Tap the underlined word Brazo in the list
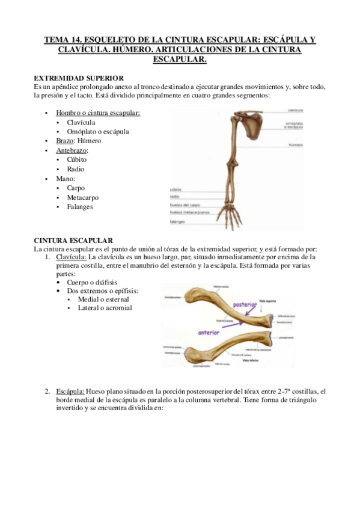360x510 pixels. point(66,141)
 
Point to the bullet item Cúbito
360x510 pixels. point(77,160)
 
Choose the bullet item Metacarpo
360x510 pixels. point(83,197)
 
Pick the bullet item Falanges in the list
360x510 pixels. point(81,207)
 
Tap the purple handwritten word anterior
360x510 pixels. point(209,332)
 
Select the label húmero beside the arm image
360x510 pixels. point(295,145)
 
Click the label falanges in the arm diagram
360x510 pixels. point(178,221)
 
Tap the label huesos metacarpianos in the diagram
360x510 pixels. point(189,212)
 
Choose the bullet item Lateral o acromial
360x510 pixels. point(105,309)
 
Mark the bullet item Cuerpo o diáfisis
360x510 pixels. point(93,282)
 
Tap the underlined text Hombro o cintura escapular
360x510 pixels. point(98,113)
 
